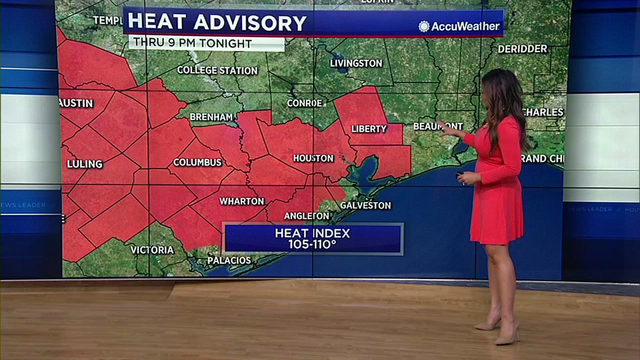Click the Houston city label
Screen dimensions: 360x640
pos(313,158)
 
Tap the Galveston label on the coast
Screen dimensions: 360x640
pos(365,205)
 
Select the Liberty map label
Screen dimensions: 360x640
pos(369,129)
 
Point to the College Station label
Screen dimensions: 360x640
pos(217,70)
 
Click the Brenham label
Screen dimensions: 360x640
pos(211,117)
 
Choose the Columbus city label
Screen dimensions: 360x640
pos(197,162)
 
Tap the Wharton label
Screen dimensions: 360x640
pos(241,201)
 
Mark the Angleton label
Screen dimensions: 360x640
pos(306,216)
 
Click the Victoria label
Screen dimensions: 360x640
pos(152,250)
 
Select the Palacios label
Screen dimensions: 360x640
pos(229,260)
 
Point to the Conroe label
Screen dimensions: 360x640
pos(304,103)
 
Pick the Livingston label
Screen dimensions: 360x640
pos(356,63)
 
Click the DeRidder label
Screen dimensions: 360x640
pos(522,49)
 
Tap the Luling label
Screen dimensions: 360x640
pos(84,164)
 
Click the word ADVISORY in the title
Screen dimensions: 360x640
pos(250,23)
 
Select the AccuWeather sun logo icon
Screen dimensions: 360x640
pos(424,26)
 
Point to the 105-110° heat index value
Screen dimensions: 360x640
pos(312,244)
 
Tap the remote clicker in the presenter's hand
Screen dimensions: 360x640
pos(459,174)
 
